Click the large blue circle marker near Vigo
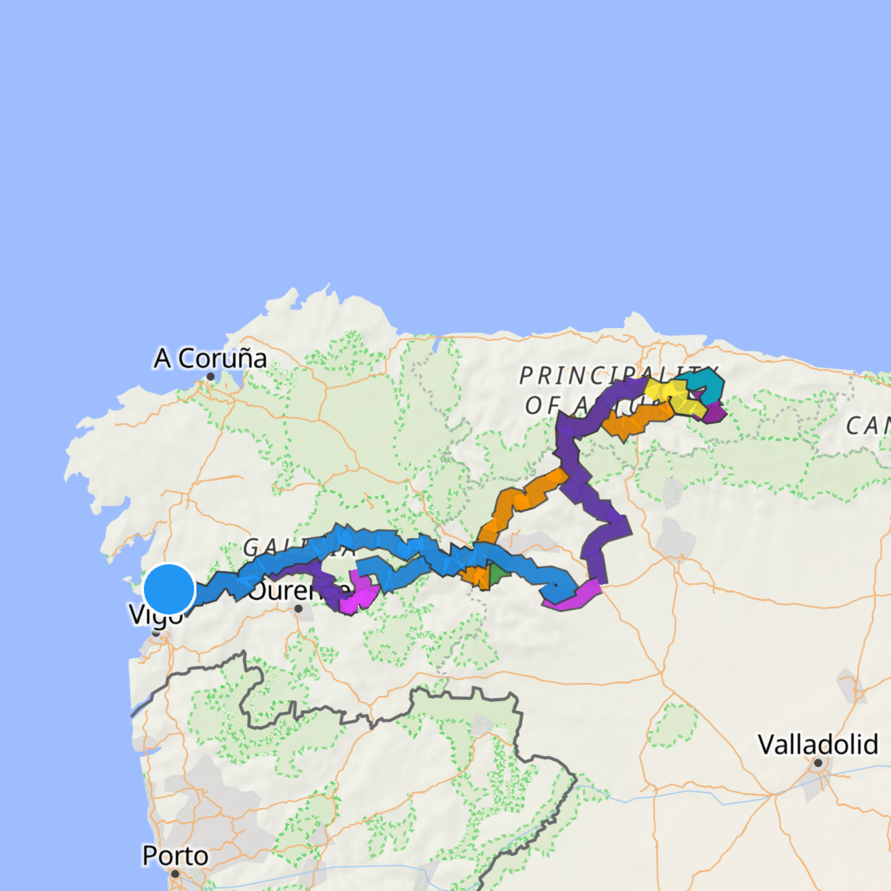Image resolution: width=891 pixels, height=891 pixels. click(x=169, y=589)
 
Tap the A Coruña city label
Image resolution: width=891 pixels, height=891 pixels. click(x=210, y=358)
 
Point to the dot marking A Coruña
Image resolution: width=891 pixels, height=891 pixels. click(x=210, y=377)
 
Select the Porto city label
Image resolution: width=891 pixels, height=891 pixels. click(x=175, y=856)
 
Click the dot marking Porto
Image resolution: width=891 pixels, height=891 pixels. click(x=174, y=874)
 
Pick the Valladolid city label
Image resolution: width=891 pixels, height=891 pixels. click(x=817, y=744)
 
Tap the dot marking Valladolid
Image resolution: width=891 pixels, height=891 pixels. click(x=818, y=763)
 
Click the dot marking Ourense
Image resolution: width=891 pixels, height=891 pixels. click(x=298, y=609)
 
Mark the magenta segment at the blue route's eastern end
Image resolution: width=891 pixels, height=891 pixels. click(x=575, y=598)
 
